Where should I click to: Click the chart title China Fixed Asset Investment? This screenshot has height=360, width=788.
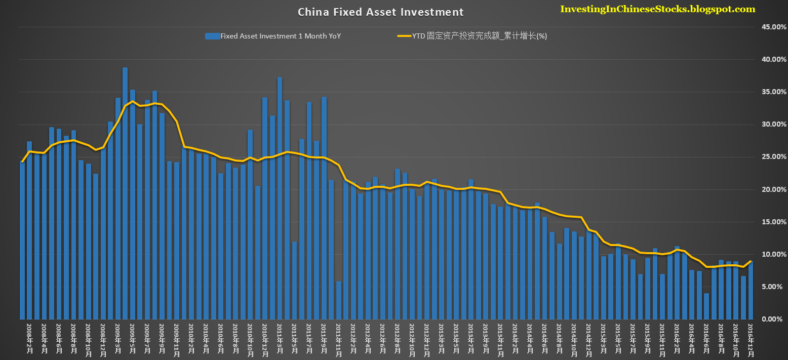point(380,12)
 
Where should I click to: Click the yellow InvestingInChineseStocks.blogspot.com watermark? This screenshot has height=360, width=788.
point(657,9)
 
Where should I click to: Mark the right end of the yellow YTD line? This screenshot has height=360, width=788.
point(751,261)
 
